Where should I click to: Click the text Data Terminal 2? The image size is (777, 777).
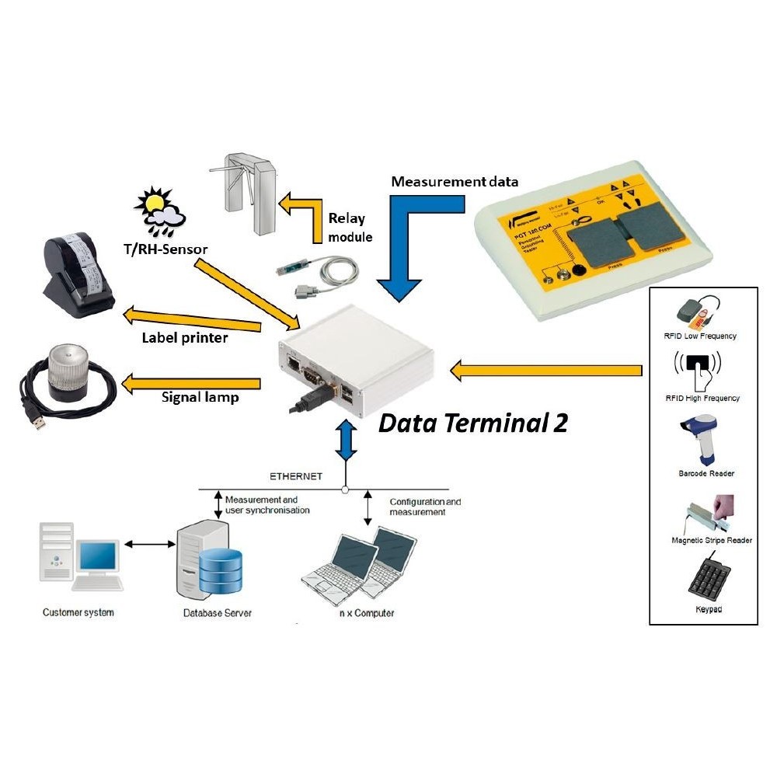[x=472, y=423]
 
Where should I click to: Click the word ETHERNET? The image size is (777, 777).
[x=296, y=476]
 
